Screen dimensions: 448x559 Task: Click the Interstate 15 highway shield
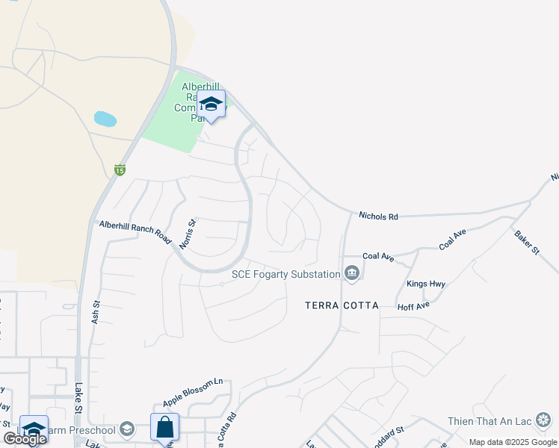coord(120,170)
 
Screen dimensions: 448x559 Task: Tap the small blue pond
coord(105,119)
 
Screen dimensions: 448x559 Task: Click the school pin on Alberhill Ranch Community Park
coord(211,106)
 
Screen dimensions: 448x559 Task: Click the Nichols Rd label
coord(378,217)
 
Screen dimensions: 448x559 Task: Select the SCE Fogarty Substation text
coord(285,274)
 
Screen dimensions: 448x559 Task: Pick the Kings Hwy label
coord(426,284)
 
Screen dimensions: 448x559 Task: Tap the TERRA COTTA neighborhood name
coord(342,305)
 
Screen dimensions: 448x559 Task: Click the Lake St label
coord(78,397)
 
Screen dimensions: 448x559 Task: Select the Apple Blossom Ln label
coord(193,382)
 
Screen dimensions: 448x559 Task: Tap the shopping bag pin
coord(164,428)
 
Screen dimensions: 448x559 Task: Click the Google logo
coord(25,438)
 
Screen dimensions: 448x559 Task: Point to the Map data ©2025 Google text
coord(512,442)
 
